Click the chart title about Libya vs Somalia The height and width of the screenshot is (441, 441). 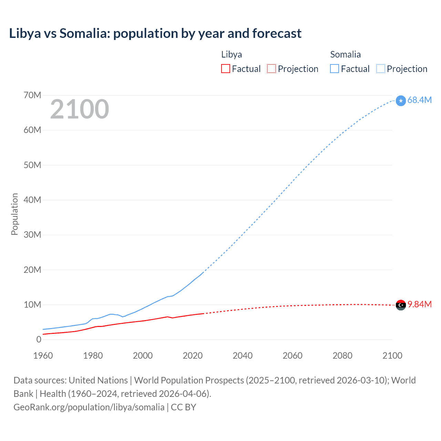tap(155, 33)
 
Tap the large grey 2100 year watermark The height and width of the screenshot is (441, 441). tap(80, 109)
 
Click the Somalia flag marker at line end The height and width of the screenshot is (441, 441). tap(401, 101)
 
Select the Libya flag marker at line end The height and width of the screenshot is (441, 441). tap(401, 305)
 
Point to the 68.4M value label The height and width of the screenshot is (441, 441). tap(419, 100)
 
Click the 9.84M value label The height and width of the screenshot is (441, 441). tap(419, 304)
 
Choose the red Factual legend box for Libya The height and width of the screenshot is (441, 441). tap(225, 69)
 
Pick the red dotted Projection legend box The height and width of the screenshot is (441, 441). tap(271, 69)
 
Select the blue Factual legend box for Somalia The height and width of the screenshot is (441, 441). tap(334, 69)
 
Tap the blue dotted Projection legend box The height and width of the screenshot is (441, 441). tap(380, 69)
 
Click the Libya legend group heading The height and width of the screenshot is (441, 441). tap(232, 54)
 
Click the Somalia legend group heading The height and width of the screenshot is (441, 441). tap(345, 54)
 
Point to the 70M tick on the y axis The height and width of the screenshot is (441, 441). tap(32, 95)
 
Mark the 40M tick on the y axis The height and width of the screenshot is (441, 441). tap(32, 200)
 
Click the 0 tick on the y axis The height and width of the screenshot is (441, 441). tap(39, 339)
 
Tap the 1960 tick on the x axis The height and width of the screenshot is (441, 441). tap(43, 356)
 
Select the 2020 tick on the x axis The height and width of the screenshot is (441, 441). tap(193, 356)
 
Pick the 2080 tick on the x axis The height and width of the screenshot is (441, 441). tap(342, 356)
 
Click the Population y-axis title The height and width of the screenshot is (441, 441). tap(14, 214)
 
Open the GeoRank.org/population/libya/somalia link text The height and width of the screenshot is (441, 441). tap(89, 407)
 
